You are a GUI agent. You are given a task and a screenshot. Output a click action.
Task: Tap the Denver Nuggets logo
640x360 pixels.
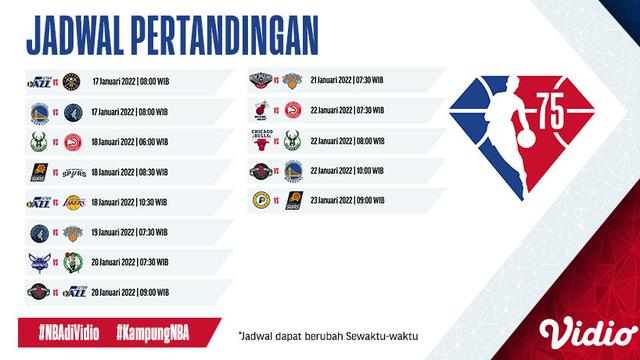(72, 78)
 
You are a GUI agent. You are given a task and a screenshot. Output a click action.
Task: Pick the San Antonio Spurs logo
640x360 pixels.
(72, 172)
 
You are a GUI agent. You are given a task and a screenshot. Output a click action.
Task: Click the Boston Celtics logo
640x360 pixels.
(72, 264)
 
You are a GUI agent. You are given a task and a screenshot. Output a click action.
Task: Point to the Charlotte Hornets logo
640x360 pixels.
(37, 264)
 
